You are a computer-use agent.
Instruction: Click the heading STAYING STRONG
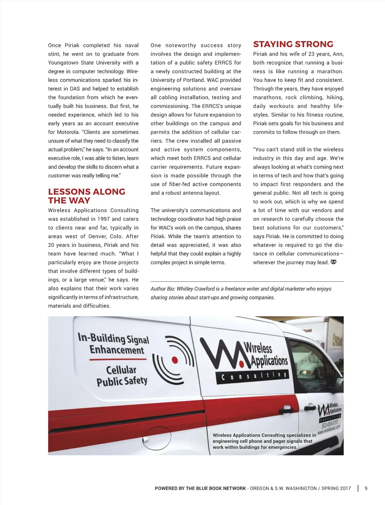coord(293,44)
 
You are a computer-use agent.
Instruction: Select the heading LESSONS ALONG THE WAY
coord(86,196)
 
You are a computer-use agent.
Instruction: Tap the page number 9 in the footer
coord(366,488)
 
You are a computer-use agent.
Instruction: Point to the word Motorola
coord(66,132)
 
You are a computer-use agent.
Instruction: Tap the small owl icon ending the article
coord(333,262)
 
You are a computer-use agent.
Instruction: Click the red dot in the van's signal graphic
coord(174,360)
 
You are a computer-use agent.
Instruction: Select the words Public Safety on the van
coord(122,381)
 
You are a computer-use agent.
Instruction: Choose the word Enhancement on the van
coord(117,350)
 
